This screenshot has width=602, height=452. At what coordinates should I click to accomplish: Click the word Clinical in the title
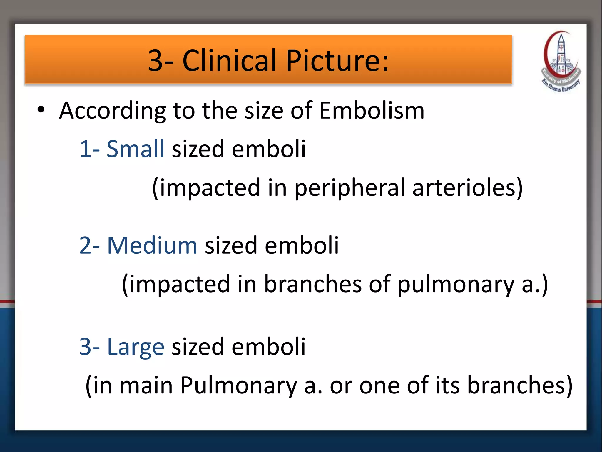pos(230,60)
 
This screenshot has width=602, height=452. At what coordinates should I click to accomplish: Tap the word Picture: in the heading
pos(337,60)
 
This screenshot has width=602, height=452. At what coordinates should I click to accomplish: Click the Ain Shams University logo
pos(561,62)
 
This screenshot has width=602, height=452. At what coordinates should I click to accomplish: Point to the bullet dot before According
pos(41,110)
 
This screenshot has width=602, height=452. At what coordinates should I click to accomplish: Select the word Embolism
pos(372,110)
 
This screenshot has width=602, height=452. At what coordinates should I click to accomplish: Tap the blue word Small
pos(135,149)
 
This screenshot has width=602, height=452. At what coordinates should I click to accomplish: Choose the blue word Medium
pos(152,245)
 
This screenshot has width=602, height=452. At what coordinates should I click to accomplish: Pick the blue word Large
pos(136,347)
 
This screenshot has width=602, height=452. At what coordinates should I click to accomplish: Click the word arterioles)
pos(467,187)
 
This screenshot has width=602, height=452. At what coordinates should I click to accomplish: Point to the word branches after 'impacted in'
pos(313,284)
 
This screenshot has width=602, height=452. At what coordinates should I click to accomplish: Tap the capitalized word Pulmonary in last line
pos(238,386)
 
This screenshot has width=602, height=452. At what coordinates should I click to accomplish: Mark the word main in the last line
pos(146,386)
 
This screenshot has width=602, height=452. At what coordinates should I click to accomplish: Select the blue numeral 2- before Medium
pos(90,245)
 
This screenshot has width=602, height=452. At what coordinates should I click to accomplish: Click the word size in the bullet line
pos(264,110)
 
